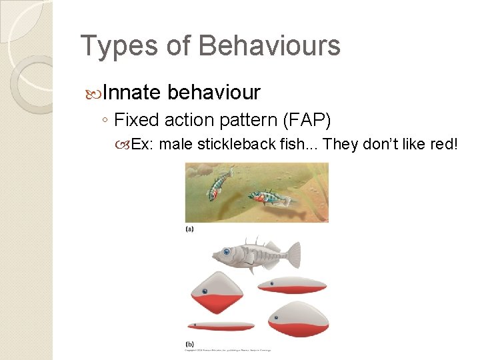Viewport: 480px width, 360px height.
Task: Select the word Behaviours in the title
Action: (269, 46)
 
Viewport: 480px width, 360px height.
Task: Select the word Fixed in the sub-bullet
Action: (133, 120)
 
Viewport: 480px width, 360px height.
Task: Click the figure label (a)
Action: (190, 229)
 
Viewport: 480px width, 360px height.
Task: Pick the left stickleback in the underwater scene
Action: (218, 185)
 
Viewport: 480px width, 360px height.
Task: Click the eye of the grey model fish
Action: (227, 252)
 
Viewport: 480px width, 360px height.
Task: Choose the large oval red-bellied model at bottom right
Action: (298, 319)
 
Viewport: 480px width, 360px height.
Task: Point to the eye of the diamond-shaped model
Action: (204, 291)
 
